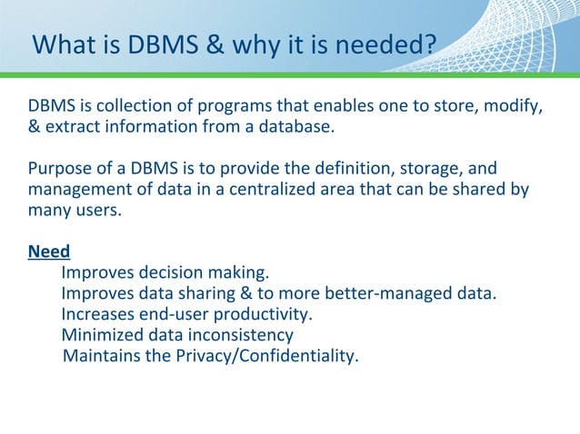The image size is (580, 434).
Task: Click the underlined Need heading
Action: click(49, 252)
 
